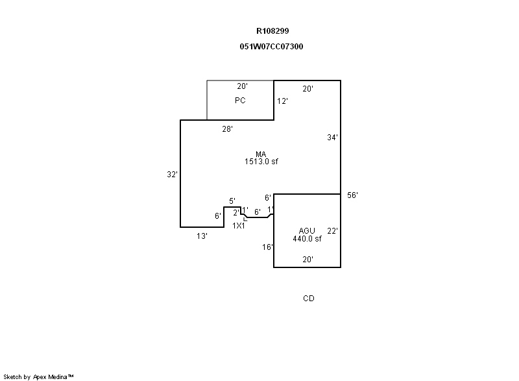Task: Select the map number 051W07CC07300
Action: (271, 47)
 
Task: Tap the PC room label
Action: (240, 101)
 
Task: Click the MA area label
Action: (261, 154)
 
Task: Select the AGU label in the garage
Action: (307, 231)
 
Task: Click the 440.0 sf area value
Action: (307, 239)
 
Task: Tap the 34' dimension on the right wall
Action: (332, 138)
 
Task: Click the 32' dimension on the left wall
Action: (172, 175)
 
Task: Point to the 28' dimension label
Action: (227, 129)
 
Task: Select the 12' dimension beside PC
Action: (282, 101)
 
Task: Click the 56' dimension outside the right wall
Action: (352, 195)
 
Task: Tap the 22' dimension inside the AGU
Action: (332, 230)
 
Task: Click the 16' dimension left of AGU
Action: (267, 247)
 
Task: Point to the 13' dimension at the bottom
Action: (202, 236)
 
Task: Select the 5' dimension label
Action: (232, 201)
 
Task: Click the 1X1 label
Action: (239, 226)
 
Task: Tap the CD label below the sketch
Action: (309, 299)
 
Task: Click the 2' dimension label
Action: (236, 213)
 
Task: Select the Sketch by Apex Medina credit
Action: (39, 376)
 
